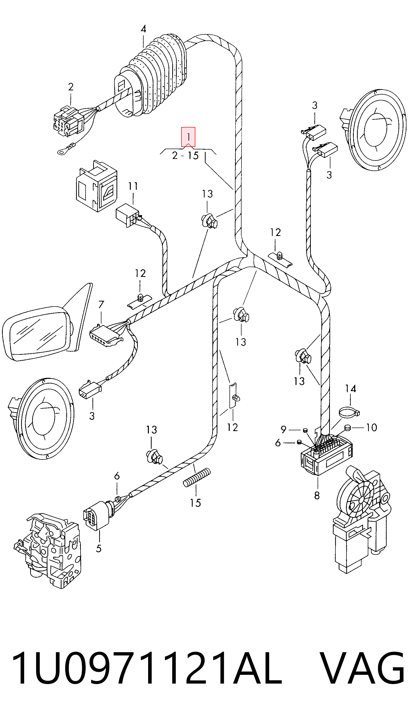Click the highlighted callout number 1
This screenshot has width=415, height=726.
[x=188, y=137]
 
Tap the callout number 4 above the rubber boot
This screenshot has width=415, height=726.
[x=143, y=29]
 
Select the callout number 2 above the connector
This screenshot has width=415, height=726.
[x=71, y=87]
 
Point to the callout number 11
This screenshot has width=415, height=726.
[x=133, y=186]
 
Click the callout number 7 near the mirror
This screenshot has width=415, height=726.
[x=101, y=305]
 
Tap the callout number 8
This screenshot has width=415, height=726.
[x=317, y=496]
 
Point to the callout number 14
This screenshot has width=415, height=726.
[x=350, y=389]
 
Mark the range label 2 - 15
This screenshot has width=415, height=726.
[x=185, y=156]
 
